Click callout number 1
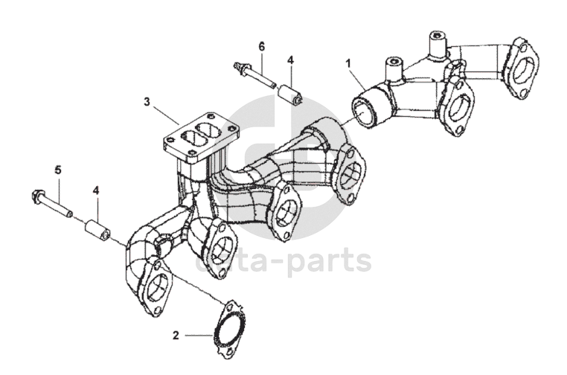click(x=347, y=62)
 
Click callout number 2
click(x=176, y=336)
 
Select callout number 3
click(x=147, y=100)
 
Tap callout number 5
click(x=58, y=170)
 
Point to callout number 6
click(x=262, y=46)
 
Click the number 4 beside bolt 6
click(x=291, y=60)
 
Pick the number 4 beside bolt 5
click(x=96, y=190)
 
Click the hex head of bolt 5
click(x=36, y=197)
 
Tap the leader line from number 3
click(x=164, y=112)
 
